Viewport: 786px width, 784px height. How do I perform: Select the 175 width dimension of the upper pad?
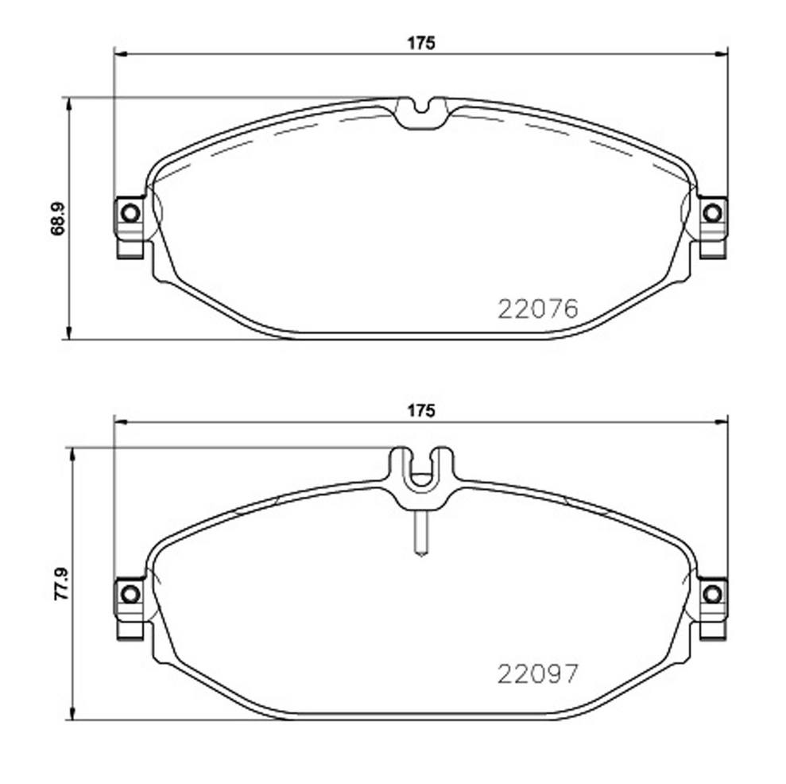(422, 44)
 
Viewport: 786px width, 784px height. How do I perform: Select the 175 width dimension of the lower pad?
(422, 410)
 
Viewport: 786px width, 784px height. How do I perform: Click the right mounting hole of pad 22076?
(714, 212)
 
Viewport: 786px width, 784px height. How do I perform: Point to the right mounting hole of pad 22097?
(714, 593)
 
